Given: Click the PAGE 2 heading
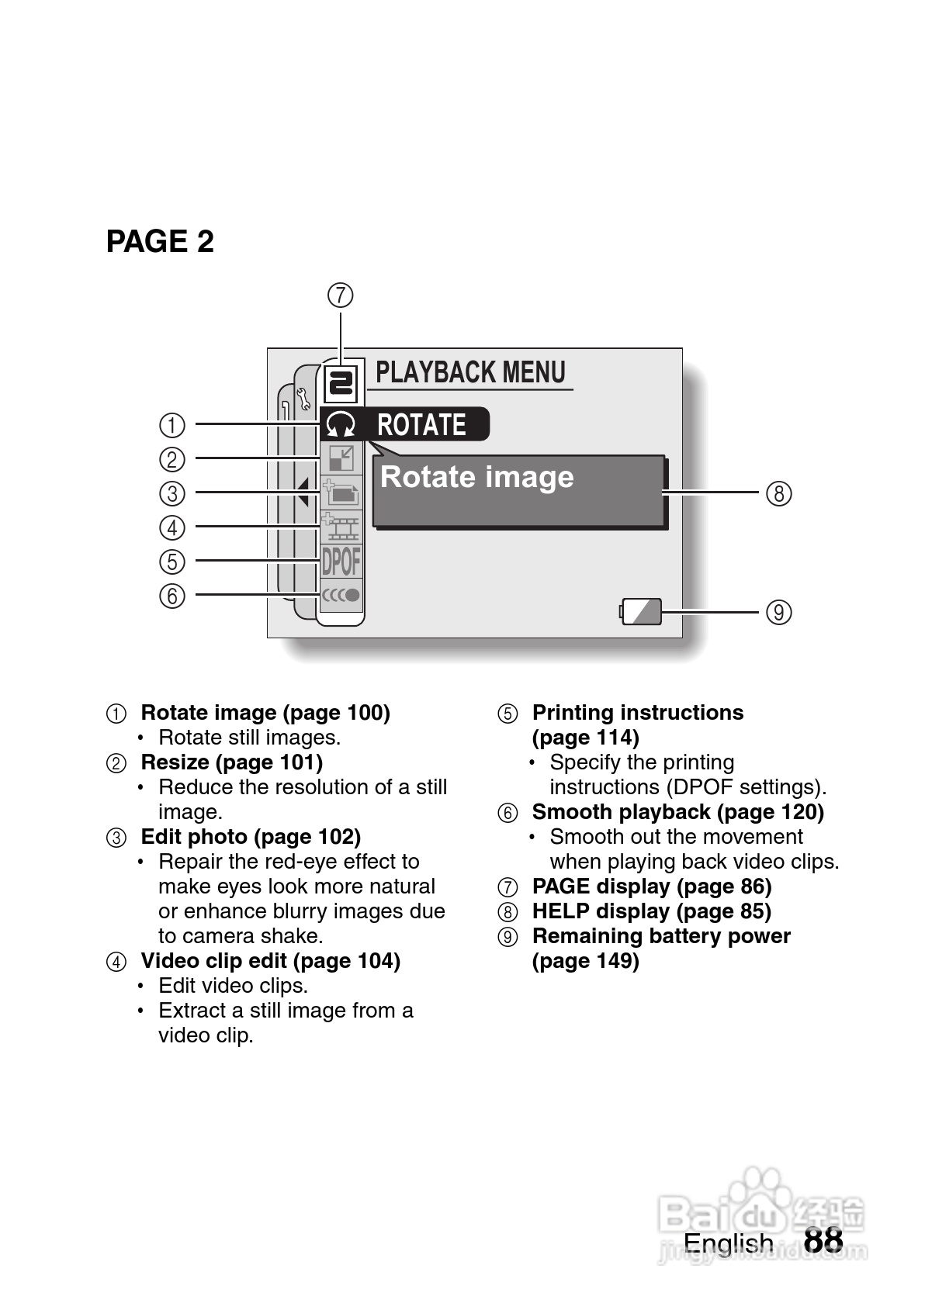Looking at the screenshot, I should (x=160, y=242).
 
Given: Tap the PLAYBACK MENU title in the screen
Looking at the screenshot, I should (x=470, y=373).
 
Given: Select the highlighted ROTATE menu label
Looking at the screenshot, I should (x=421, y=425).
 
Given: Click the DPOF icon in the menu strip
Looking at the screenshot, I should (x=341, y=562).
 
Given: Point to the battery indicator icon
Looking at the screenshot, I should (x=642, y=611).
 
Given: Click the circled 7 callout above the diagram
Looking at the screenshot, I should (x=341, y=296).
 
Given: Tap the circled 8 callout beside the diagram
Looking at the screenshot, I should (x=779, y=493).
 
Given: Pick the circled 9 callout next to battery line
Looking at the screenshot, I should (x=779, y=613).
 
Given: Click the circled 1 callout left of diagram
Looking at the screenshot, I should (x=172, y=425).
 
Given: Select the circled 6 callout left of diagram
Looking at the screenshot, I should (x=172, y=596).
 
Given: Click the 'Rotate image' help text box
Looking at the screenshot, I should (x=518, y=492).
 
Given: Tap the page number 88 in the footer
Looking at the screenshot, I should (x=823, y=1240).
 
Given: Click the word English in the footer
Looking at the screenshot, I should (x=728, y=1243).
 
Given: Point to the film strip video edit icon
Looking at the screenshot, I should (x=341, y=527).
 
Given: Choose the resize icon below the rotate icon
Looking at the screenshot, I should (x=341, y=459).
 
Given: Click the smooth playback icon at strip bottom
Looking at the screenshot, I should (x=341, y=596).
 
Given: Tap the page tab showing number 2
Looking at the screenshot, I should (x=341, y=383).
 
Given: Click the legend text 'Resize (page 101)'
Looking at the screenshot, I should (x=231, y=762).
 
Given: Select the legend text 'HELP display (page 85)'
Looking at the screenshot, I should (x=651, y=911).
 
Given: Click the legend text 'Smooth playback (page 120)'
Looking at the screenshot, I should (x=677, y=812).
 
